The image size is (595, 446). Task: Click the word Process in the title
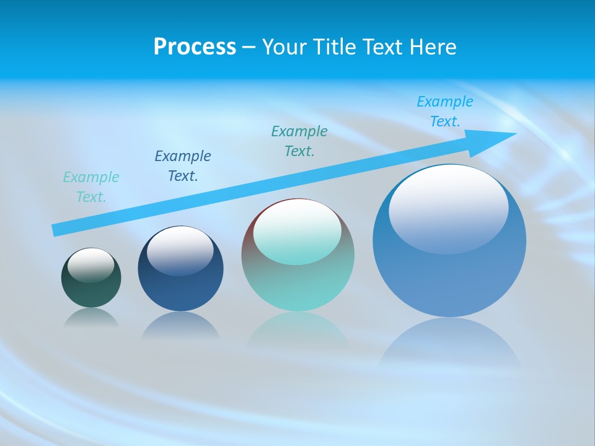(195, 47)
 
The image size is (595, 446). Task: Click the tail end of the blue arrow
(56, 230)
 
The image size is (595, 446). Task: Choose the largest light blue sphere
(449, 279)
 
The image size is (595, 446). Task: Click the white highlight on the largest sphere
(448, 208)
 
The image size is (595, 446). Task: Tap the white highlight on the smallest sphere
(91, 265)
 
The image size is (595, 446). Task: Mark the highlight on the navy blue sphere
(180, 250)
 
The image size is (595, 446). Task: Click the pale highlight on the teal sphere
(297, 233)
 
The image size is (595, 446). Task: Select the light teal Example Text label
(91, 187)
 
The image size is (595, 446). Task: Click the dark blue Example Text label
(183, 166)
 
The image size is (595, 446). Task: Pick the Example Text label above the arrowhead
(445, 111)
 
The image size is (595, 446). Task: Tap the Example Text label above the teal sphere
(299, 141)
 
